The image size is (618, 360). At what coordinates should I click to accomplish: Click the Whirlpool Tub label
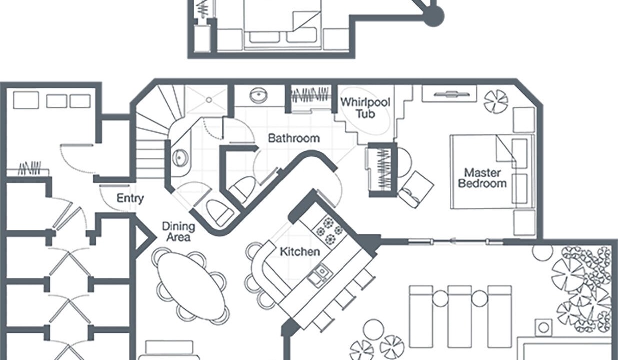[x=365, y=107]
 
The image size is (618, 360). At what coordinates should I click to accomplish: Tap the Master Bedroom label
[x=482, y=178]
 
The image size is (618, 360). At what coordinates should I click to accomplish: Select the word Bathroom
[x=294, y=138]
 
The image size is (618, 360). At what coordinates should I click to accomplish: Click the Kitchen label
[x=299, y=251]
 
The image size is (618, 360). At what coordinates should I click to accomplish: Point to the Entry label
[x=130, y=198]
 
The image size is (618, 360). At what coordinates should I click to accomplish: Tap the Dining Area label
[x=178, y=231]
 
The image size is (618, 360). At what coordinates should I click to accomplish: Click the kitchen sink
[x=318, y=274]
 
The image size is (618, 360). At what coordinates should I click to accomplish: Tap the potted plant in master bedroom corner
[x=496, y=101]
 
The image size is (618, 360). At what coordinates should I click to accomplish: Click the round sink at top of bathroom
[x=258, y=96]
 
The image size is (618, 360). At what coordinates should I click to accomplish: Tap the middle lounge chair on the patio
[x=460, y=316]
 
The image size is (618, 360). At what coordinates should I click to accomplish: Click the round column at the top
[x=433, y=16]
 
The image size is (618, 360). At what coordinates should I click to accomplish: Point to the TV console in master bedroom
[x=448, y=94]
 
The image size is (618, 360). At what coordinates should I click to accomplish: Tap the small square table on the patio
[x=543, y=328]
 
